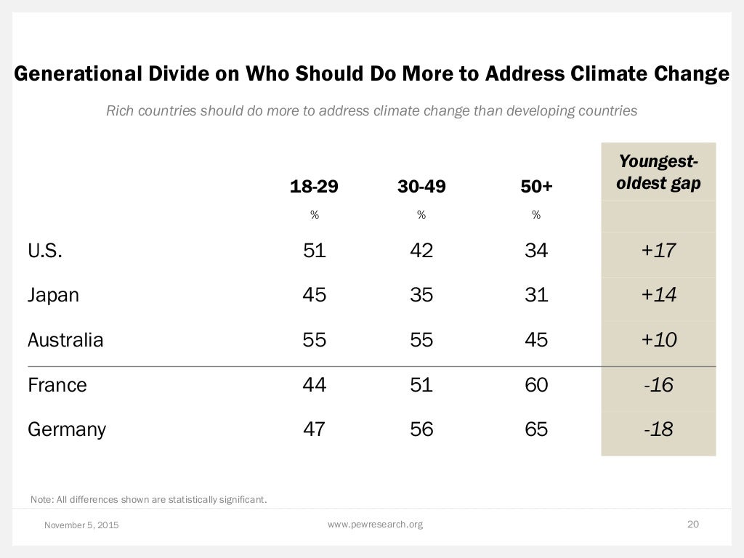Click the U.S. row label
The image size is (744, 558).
[x=45, y=251]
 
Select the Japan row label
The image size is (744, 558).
[x=53, y=295]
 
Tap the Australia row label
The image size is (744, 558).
[x=65, y=339]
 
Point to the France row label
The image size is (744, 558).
[x=57, y=384]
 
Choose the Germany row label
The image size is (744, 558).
[x=67, y=429]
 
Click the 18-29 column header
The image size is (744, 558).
[x=314, y=187]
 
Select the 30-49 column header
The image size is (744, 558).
[x=421, y=187]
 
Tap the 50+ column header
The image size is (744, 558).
[x=536, y=187]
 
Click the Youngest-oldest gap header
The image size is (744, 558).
[x=658, y=172]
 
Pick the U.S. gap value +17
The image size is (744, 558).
[x=658, y=251]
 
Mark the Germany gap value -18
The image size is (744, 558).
[x=658, y=429]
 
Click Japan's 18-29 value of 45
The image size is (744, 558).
[x=315, y=295]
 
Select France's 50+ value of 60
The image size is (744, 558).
[x=536, y=384]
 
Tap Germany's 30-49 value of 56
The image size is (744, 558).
[x=421, y=429]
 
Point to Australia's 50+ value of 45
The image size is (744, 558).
[x=536, y=339]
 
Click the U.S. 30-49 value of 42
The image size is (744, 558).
[x=421, y=251]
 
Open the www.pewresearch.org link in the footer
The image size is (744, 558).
[x=375, y=524]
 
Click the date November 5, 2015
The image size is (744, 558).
[x=81, y=525]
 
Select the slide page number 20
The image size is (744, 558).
[x=692, y=524]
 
